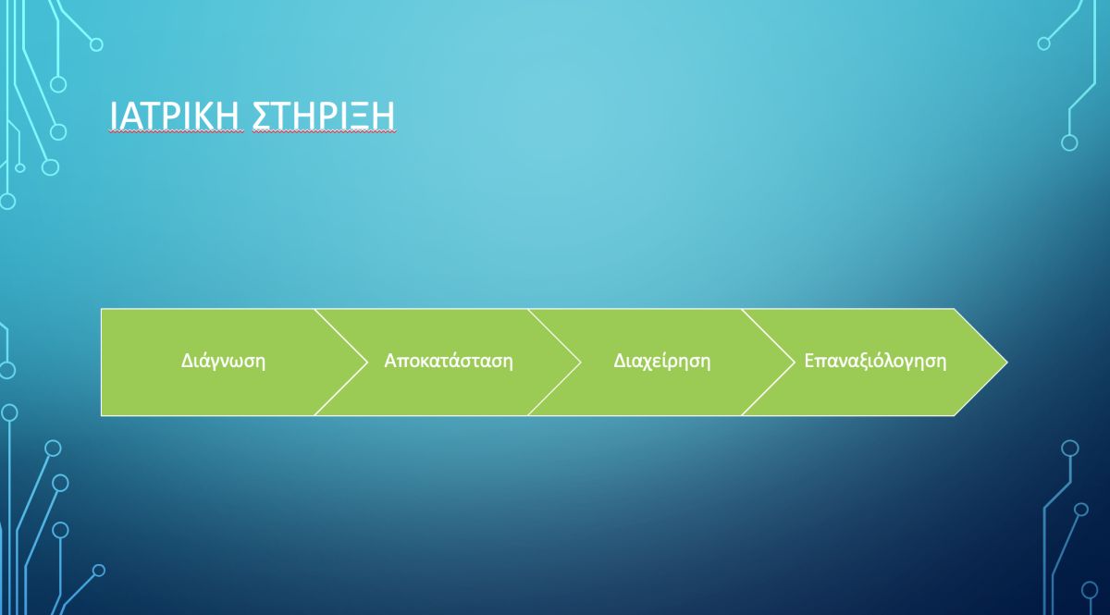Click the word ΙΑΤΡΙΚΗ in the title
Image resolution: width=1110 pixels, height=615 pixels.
(176, 115)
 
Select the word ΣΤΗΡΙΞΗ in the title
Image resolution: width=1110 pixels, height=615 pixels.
(324, 115)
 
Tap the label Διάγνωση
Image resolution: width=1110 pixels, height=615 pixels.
(223, 362)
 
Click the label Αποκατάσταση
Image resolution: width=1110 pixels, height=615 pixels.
(449, 361)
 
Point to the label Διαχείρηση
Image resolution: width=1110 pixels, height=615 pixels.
(662, 362)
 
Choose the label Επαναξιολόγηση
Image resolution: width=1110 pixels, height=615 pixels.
(875, 362)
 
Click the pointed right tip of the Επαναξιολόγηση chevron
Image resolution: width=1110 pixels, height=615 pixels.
(1007, 363)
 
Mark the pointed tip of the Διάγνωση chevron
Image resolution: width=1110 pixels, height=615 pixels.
(368, 363)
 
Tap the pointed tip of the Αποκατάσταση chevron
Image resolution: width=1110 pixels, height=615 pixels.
(581, 363)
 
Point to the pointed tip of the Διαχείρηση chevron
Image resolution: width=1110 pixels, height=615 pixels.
(795, 363)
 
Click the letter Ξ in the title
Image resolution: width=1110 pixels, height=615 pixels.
(356, 116)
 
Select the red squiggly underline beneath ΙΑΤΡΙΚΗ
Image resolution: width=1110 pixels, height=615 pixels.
(176, 132)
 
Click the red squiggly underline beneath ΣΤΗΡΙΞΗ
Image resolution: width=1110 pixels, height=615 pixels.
(325, 132)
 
